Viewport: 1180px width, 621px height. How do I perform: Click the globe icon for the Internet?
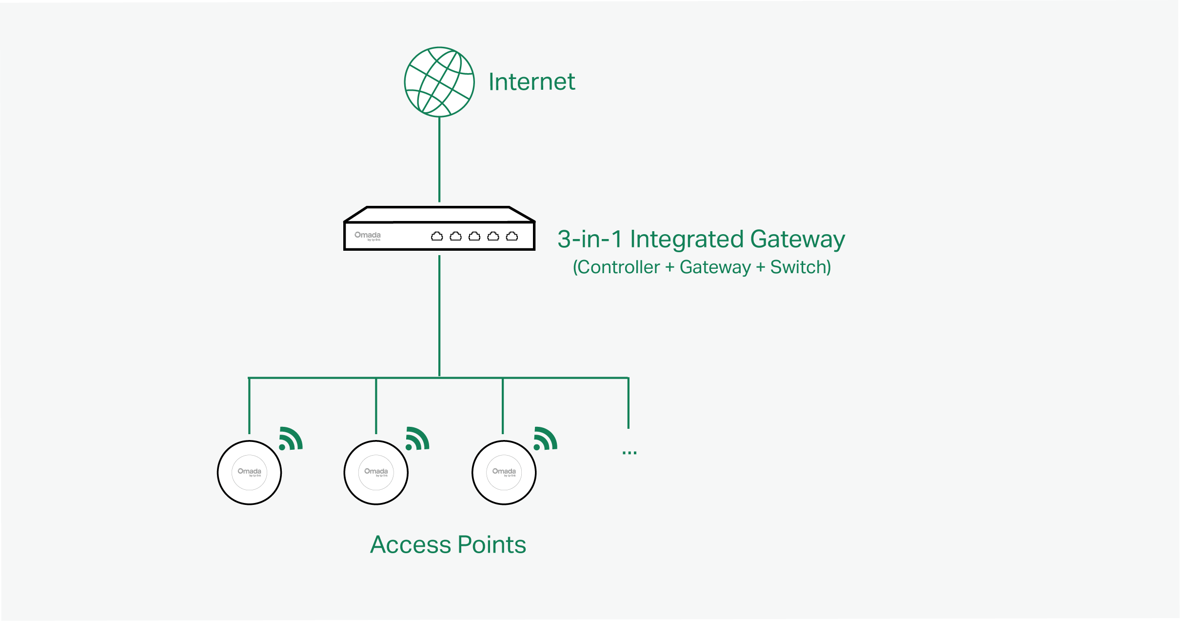[x=439, y=82]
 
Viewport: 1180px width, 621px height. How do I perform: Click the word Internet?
[x=531, y=82]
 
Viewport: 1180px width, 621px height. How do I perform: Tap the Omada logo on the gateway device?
[x=367, y=236]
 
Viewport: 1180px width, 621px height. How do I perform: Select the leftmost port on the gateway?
[x=437, y=237]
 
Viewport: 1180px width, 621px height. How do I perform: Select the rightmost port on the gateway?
[x=512, y=237]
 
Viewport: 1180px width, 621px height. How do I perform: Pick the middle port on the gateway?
[x=474, y=237]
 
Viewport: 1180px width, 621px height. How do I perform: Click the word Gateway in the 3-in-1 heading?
[x=797, y=240]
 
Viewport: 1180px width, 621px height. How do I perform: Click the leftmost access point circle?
[x=249, y=472]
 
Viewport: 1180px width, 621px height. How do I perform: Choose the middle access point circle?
[x=376, y=472]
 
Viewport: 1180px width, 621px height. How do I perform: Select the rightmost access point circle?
[x=504, y=472]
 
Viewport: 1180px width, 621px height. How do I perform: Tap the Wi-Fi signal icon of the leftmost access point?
[x=291, y=439]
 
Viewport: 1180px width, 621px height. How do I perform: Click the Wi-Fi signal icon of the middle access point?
[x=417, y=439]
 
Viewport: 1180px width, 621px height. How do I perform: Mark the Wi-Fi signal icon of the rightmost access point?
[x=545, y=439]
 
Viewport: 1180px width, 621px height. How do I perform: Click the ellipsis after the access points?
[x=629, y=453]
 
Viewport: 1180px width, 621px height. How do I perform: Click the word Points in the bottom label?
[x=492, y=545]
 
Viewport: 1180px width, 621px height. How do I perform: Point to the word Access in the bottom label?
[x=411, y=545]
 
